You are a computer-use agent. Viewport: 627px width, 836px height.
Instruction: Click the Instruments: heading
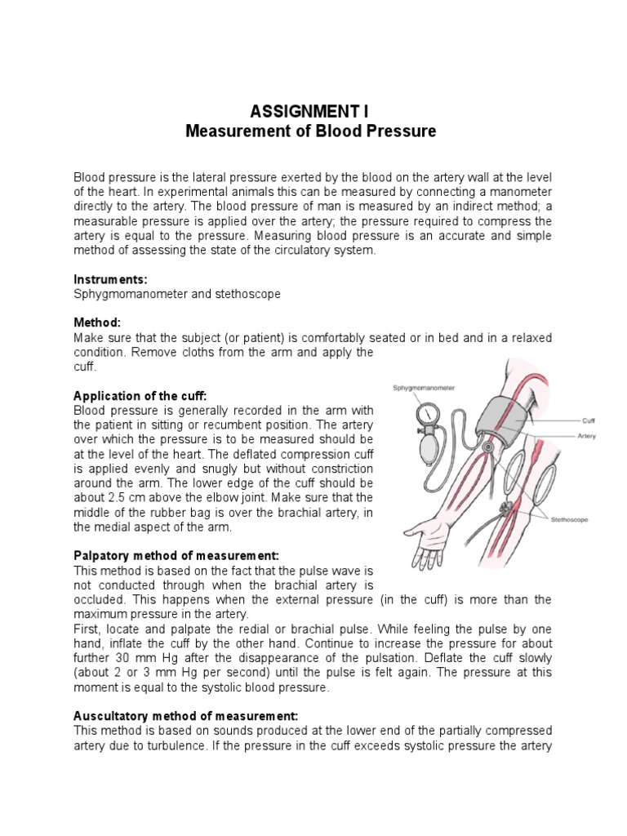click(x=110, y=279)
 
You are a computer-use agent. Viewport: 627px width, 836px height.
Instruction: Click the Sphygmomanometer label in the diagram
click(x=424, y=388)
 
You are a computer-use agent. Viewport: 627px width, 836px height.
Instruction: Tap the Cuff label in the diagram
click(x=588, y=421)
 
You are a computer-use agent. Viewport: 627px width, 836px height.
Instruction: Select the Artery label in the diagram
click(x=586, y=436)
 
